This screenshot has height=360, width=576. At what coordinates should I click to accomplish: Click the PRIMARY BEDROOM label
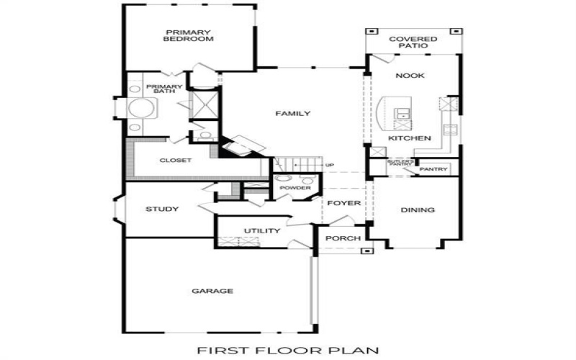[x=189, y=36]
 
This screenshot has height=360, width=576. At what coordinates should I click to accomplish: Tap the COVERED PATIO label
[x=408, y=42]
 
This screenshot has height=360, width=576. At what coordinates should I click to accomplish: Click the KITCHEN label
[x=410, y=138]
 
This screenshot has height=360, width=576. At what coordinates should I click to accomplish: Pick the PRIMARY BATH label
[x=164, y=90]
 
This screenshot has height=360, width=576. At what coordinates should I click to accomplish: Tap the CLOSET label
[x=175, y=161]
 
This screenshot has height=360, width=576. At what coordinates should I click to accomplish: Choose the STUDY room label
[x=162, y=210]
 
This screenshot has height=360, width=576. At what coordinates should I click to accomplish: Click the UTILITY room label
[x=261, y=231]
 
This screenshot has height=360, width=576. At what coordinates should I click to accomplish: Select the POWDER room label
[x=296, y=189]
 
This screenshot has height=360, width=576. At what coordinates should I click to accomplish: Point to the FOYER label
[x=343, y=204]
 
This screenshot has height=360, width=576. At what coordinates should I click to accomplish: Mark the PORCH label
[x=338, y=238]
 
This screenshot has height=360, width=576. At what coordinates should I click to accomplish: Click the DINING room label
[x=418, y=211]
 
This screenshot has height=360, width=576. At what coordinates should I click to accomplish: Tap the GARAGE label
[x=212, y=292]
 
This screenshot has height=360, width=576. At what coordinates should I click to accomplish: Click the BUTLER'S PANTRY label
[x=400, y=163]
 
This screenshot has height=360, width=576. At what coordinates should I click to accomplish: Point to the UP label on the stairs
[x=330, y=166]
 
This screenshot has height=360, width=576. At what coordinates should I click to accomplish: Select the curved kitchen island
[x=384, y=115]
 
